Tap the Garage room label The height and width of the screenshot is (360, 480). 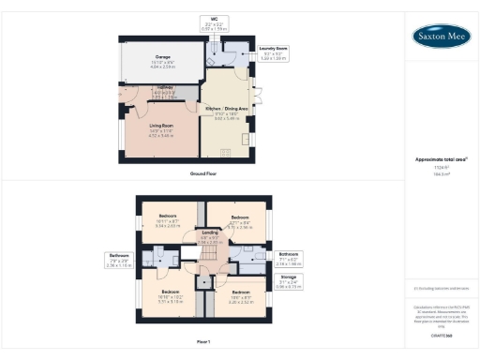click(x=163, y=61)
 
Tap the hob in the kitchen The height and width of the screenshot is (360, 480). click(x=249, y=140)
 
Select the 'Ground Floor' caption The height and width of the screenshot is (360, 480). click(x=203, y=173)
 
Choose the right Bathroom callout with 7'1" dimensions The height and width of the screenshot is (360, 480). click(x=287, y=258)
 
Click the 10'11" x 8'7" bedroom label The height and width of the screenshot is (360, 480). click(x=168, y=221)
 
